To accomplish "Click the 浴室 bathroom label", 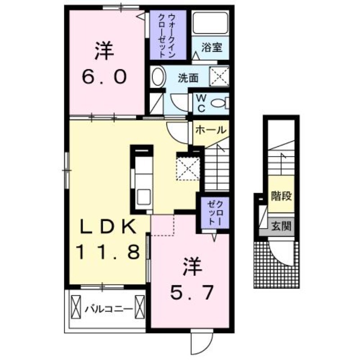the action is click(x=211, y=47).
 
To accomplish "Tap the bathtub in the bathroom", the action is click(x=210, y=23).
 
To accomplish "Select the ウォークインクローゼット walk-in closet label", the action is click(x=167, y=36).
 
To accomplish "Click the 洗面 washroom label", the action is click(x=188, y=78).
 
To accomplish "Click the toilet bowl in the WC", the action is click(x=219, y=103).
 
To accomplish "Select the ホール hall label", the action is click(x=211, y=130).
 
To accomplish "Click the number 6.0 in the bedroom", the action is click(x=104, y=77).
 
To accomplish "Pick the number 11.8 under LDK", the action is click(x=108, y=252).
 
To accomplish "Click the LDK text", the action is click(x=108, y=227).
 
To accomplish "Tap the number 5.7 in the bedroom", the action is click(x=192, y=292).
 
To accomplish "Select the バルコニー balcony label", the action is click(x=109, y=309).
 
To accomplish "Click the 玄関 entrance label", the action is click(x=281, y=226).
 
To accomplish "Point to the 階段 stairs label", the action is click(x=281, y=196).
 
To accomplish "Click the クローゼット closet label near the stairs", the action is click(x=215, y=212).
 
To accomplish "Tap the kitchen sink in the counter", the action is click(x=144, y=197).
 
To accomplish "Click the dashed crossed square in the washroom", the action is click(x=219, y=76).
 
